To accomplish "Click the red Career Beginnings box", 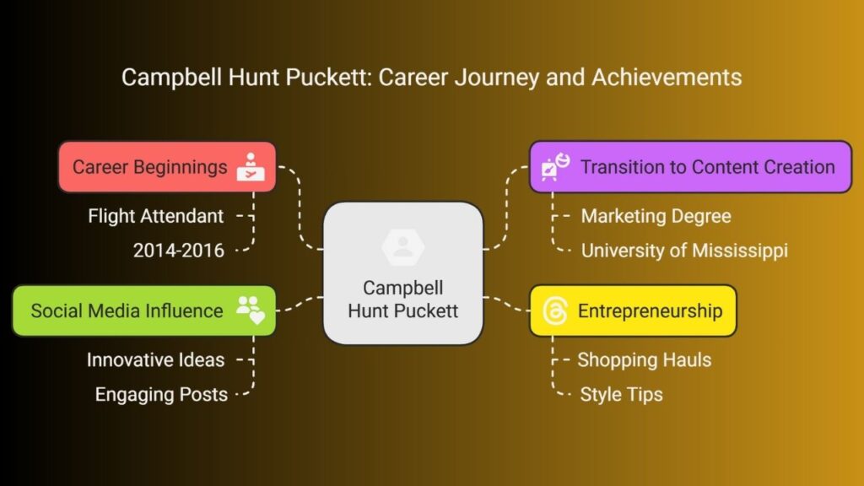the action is click(167, 167).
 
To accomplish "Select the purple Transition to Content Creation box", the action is click(690, 167).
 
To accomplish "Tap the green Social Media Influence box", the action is click(143, 310).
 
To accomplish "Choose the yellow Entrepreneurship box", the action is click(633, 310).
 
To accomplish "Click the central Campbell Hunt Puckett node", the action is click(402, 273).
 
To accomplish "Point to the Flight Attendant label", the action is click(156, 216).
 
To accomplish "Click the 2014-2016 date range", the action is click(179, 251).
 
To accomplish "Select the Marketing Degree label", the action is click(656, 216).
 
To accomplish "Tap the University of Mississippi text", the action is click(684, 251).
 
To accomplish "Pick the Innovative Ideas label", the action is click(155, 359).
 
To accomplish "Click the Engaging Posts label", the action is click(161, 395).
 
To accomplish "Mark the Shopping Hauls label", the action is click(644, 359).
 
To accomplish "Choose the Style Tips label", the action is click(621, 395).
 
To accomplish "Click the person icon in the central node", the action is click(402, 246).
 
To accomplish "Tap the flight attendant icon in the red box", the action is click(251, 167).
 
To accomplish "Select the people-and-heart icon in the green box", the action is click(251, 310).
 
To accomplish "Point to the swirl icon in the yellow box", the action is click(555, 310).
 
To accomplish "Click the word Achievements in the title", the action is click(667, 77).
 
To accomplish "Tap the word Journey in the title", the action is click(497, 78).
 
